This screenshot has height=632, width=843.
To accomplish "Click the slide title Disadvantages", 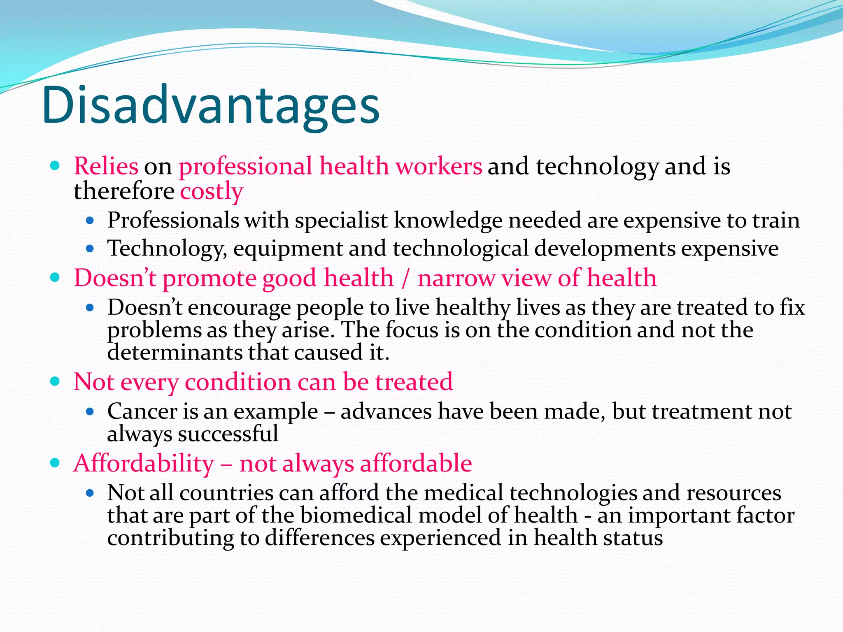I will (x=210, y=105).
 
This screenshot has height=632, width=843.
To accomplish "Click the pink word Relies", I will (x=106, y=167).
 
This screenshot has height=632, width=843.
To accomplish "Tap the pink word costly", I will (x=212, y=192).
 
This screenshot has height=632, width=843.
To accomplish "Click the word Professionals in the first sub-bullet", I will (x=173, y=221).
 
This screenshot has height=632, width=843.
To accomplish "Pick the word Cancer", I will (x=142, y=411).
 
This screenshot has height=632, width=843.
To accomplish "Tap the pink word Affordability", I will (x=144, y=464).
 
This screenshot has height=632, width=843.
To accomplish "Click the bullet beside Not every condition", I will (x=54, y=381).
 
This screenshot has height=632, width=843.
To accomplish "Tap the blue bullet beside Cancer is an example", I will (x=90, y=411).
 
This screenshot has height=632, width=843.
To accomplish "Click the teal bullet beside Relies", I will (x=54, y=166).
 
